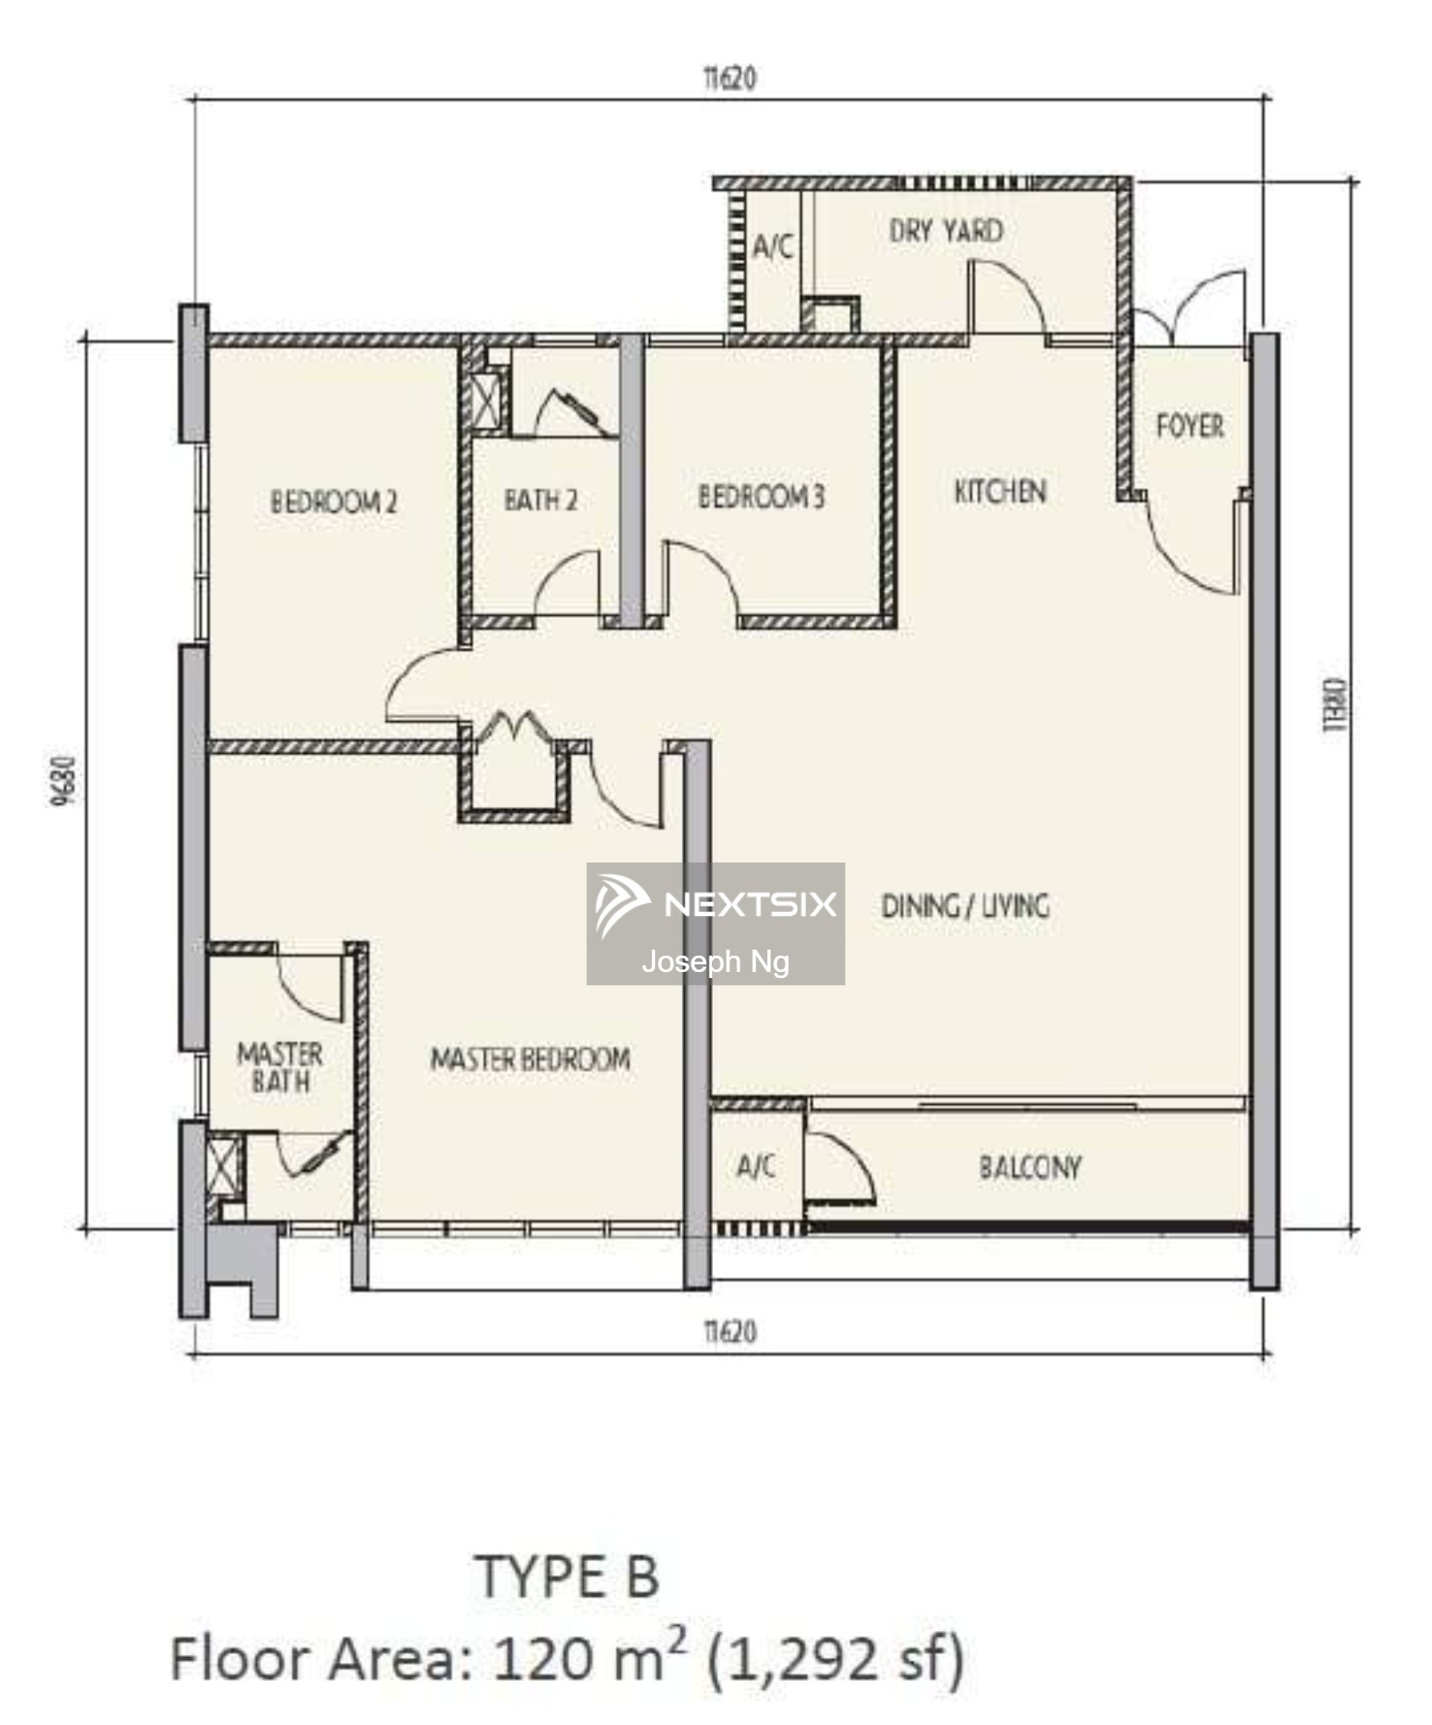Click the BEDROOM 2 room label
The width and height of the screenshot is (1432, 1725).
point(334,501)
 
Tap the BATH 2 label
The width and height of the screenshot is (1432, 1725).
point(541,499)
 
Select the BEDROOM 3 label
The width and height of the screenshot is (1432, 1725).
point(760,496)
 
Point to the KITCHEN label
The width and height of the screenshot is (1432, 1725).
point(1000,491)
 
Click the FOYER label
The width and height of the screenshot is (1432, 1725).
point(1190,425)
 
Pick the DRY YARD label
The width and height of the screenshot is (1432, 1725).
point(946,230)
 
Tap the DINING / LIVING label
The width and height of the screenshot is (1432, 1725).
point(965,905)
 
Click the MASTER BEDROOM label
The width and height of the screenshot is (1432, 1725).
point(530,1058)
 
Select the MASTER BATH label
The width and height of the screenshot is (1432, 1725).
point(279,1067)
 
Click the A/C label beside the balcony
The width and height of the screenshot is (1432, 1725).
point(756,1166)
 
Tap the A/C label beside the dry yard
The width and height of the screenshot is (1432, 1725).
point(772,247)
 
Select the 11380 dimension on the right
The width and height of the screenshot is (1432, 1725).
point(1334,706)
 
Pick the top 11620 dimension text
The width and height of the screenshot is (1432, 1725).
point(730,78)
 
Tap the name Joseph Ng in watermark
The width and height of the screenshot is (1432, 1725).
point(716,961)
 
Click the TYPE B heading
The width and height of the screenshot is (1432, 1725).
point(567,1576)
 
